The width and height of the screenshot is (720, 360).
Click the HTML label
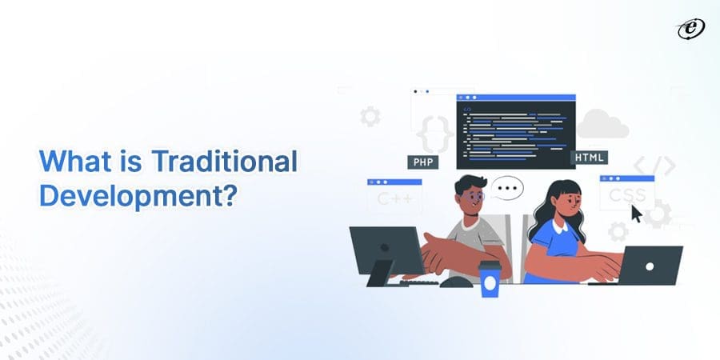coord(589,158)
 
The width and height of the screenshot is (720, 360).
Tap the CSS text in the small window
coord(626,194)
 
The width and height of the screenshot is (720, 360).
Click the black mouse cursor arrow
coord(637,214)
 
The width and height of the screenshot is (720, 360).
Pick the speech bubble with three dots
coord(506,190)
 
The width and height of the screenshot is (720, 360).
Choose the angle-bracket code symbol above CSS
coord(654,166)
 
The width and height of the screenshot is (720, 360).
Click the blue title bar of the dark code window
coord(516,98)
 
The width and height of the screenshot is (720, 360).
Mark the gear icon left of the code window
coord(370,117)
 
